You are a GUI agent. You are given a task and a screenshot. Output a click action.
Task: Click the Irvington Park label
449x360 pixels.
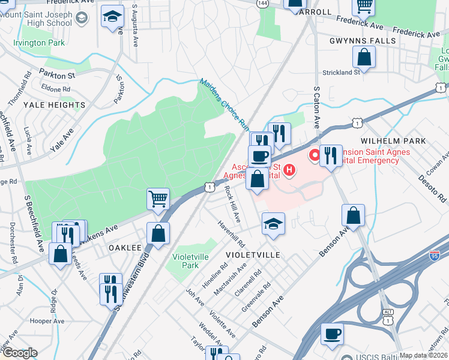(40, 43)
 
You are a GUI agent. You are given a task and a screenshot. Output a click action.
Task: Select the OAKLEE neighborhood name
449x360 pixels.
(125, 247)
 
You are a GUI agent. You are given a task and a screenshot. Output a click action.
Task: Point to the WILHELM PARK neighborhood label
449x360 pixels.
(393, 140)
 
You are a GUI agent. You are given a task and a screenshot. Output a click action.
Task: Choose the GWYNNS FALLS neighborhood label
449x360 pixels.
(363, 41)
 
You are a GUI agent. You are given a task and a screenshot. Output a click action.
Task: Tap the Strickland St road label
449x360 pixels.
(340, 72)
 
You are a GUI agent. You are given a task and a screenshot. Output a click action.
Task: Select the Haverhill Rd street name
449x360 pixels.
(232, 234)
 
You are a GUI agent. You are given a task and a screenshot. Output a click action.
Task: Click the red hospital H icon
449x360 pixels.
(290, 170)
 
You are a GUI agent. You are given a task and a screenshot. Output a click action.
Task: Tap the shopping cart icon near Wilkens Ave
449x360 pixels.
(158, 198)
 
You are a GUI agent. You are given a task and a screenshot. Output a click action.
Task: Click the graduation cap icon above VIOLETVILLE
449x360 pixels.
(273, 224)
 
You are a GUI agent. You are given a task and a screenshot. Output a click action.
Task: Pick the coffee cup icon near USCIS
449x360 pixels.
(331, 333)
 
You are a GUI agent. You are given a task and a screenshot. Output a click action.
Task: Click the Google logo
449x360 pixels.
(19, 353)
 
